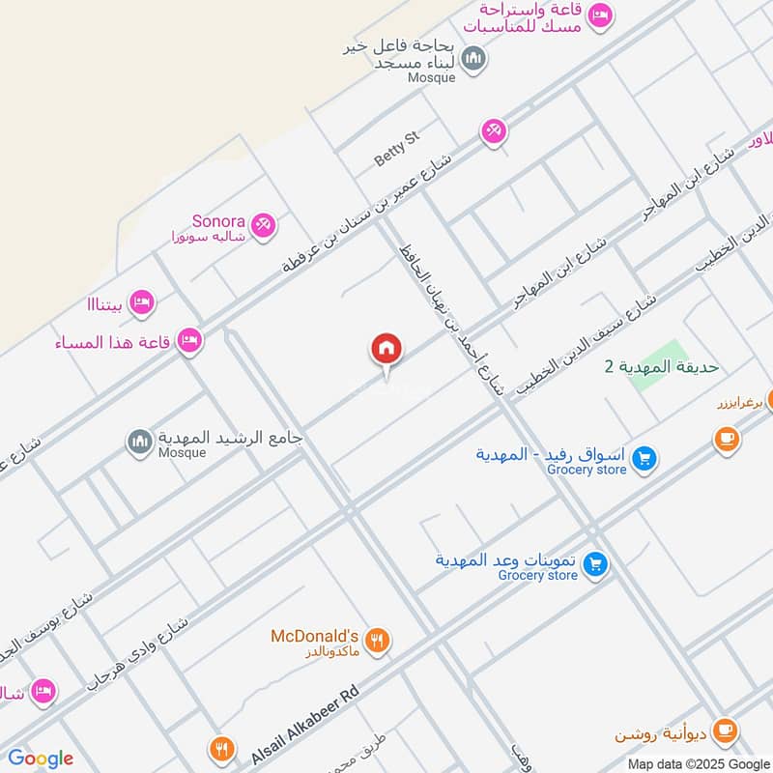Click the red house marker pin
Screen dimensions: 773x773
tap(386, 349)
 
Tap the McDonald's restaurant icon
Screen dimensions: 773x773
tap(379, 639)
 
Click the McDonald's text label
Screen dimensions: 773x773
tap(314, 636)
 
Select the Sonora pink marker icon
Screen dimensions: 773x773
tap(262, 226)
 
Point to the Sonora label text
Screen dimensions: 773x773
tap(217, 221)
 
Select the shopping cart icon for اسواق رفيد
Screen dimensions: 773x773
tap(646, 459)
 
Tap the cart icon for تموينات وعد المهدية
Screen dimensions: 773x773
tap(596, 563)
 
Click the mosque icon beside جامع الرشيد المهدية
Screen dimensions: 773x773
tap(140, 443)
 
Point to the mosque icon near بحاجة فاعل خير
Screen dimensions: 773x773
tap(472, 60)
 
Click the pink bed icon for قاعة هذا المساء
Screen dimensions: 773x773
tap(189, 340)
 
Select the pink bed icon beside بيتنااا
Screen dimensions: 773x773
tap(141, 302)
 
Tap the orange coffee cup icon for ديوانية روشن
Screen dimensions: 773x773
tap(728, 730)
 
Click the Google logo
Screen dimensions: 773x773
tap(41, 759)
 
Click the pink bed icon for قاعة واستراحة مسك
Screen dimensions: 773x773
tap(600, 15)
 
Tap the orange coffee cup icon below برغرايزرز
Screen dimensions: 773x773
tap(726, 440)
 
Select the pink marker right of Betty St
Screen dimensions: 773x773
tap(494, 130)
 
